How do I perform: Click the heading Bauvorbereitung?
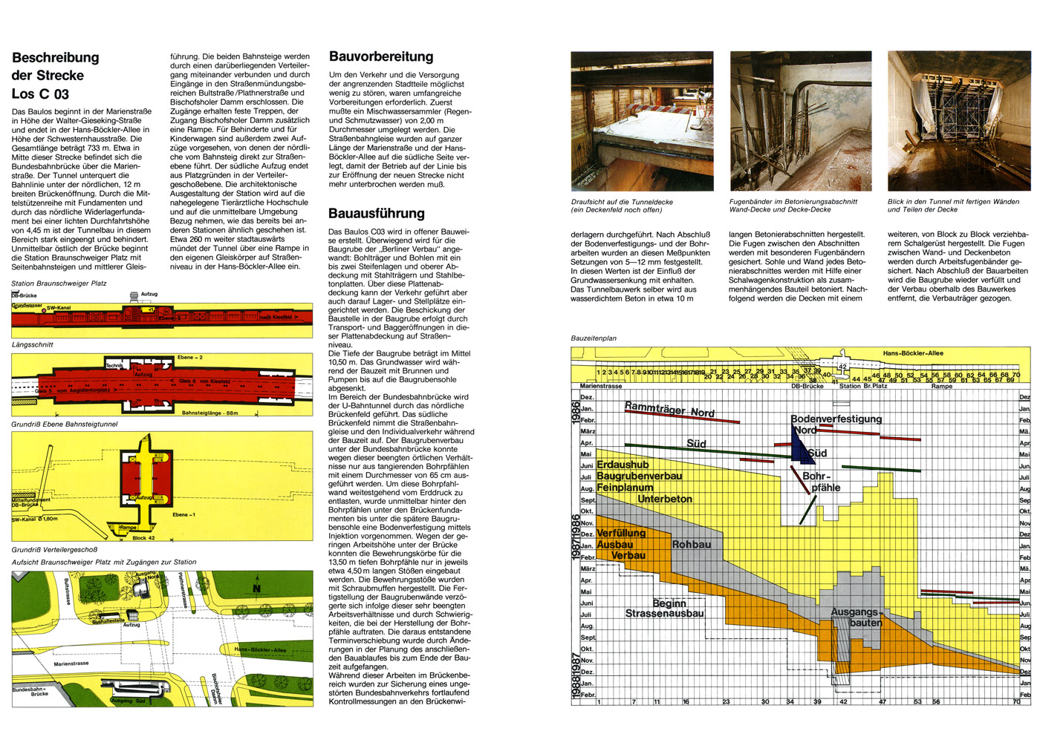point(381,57)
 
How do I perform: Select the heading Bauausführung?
point(377,214)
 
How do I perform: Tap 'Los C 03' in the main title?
point(40,94)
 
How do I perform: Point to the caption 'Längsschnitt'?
point(33,344)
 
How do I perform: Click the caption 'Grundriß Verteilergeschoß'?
point(54,550)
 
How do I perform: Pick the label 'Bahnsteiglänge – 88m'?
point(210,413)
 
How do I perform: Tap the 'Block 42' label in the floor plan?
point(143,537)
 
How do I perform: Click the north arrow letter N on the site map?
point(257,589)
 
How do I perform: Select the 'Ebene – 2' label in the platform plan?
point(190,358)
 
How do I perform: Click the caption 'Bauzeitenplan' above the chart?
point(594,338)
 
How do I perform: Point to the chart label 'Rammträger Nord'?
point(669,409)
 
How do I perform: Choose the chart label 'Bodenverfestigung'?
point(836,419)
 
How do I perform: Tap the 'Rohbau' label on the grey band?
point(692,545)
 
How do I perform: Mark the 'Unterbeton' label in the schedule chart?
point(665,499)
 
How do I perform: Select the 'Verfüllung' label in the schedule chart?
point(621,534)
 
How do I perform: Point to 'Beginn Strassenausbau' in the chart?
point(666,609)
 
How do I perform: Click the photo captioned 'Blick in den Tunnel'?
point(958,121)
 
